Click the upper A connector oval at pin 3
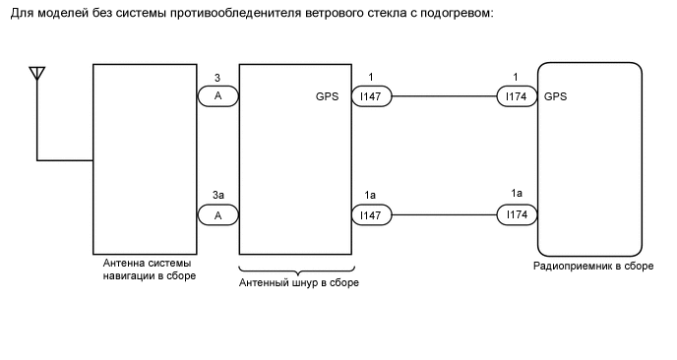tap(216, 96)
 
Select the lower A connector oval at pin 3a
tap(216, 213)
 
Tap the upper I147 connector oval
tap(372, 96)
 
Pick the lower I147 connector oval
tap(372, 213)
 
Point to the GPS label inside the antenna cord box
tap(327, 97)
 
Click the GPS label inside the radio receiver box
tap(555, 97)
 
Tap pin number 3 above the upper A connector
tap(216, 78)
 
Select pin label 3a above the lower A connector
tap(216, 195)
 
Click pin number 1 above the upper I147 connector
tap(371, 78)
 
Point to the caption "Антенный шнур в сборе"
tap(299, 283)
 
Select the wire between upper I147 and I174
tap(444, 96)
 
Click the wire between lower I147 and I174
tap(444, 213)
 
